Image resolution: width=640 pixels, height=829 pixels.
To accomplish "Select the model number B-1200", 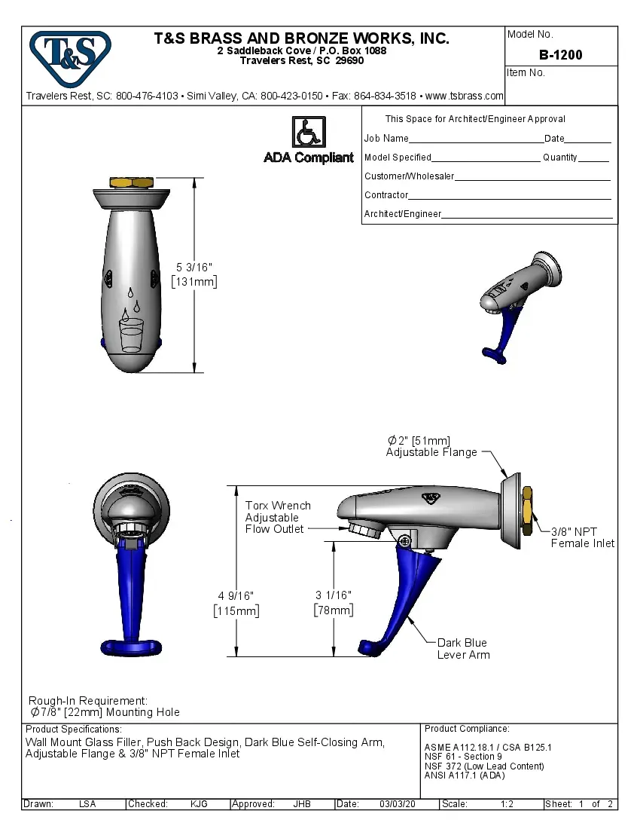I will pos(560,55).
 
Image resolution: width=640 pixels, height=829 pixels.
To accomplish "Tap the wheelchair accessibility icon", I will pos(308,132).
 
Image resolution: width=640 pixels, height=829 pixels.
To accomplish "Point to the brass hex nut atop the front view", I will pos(133,182).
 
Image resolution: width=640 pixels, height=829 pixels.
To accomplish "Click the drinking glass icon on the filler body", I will pos(132,334).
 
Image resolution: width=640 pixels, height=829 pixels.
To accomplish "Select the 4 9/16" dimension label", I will pos(237,603).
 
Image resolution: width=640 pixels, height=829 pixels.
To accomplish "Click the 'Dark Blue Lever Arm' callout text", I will pos(462,649).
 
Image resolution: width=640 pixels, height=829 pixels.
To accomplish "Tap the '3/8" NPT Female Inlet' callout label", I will pos(582,537).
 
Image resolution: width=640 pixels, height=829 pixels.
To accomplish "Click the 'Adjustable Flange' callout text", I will pos(431,452).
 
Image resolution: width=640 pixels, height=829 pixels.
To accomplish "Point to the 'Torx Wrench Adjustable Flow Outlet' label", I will pos(277,517).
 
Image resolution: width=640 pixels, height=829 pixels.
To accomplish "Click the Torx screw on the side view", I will pos(405,540).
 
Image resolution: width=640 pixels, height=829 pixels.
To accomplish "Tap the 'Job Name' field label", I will pos(386,139).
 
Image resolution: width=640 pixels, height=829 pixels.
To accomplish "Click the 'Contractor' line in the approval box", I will pos(386,195).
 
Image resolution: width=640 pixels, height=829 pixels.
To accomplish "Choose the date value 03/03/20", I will pos(398,804).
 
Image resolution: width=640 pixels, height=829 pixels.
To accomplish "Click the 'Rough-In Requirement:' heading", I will pos(88,701).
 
